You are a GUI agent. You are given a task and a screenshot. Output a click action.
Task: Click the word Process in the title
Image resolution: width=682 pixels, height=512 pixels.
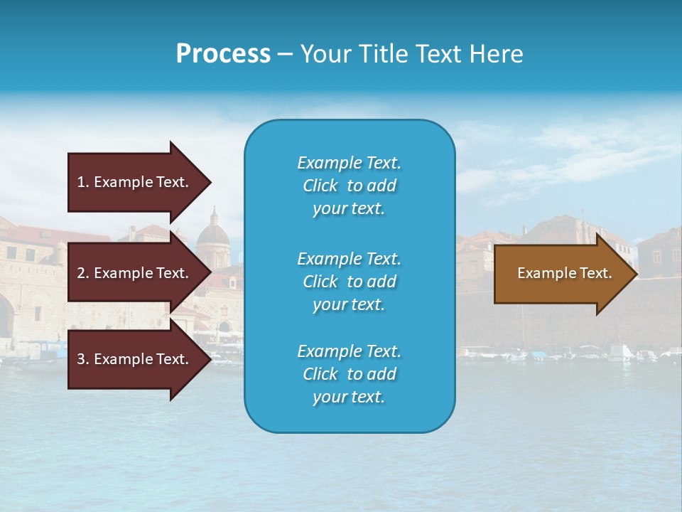point(223,54)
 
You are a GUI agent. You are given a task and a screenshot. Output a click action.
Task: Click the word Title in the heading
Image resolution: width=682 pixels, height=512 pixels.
point(381,54)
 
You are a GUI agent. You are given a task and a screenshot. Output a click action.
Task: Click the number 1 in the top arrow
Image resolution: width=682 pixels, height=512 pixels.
point(81,182)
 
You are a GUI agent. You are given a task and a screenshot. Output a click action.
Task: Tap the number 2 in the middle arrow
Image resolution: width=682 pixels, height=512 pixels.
point(81,273)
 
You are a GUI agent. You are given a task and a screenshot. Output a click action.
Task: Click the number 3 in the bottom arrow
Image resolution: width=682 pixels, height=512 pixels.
point(81,359)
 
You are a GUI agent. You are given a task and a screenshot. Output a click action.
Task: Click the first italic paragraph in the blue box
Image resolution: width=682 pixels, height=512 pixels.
point(349,186)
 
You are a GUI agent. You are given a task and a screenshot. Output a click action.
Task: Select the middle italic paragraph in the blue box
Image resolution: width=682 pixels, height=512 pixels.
point(349,282)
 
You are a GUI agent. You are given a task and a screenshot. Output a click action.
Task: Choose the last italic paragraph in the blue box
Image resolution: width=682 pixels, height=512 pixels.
point(349,374)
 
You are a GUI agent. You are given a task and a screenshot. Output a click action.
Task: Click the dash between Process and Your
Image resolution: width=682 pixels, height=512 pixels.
point(285,54)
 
